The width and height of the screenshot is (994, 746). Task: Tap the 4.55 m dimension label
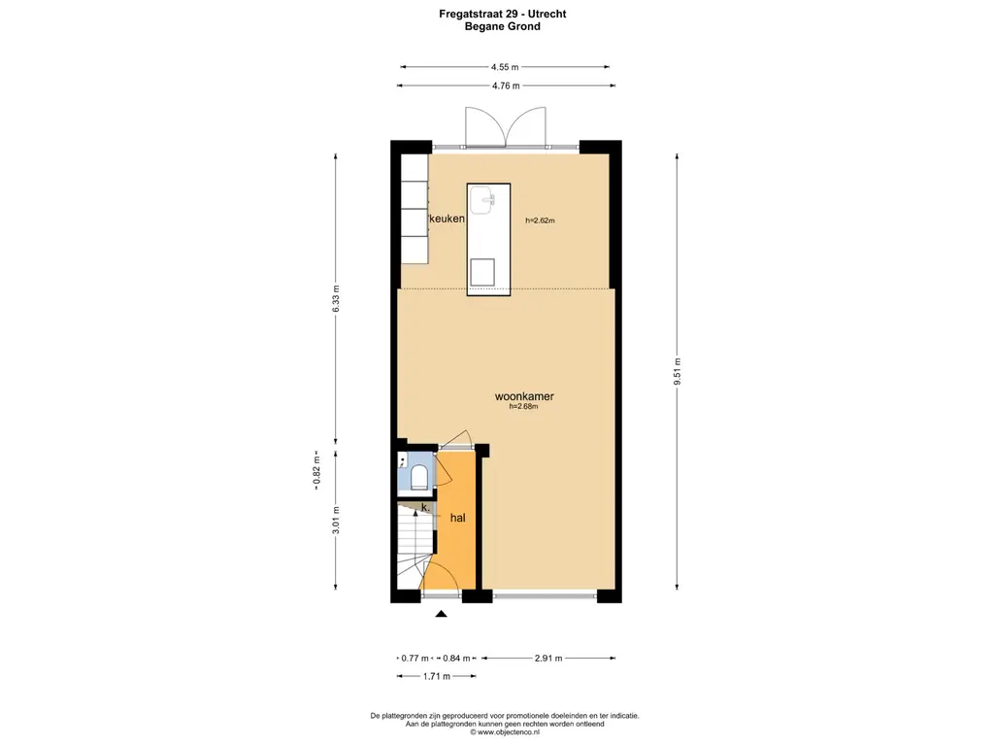coord(505,67)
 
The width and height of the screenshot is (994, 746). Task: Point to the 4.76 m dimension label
coord(505,85)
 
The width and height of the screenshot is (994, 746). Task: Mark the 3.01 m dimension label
coord(336,521)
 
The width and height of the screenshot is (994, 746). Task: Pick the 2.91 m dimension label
coord(549,658)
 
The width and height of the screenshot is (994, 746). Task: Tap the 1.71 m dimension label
coord(436,675)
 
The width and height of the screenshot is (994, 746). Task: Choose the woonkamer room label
coord(524,396)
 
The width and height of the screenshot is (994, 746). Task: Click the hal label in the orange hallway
coord(457,519)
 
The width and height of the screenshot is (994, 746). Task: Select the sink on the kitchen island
coord(483,201)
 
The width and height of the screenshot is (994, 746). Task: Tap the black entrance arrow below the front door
coord(442,613)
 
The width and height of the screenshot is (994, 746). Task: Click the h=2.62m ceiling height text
coord(540,220)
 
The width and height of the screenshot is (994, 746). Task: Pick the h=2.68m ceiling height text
coord(523,407)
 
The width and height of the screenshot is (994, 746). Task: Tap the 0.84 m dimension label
coord(455,658)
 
